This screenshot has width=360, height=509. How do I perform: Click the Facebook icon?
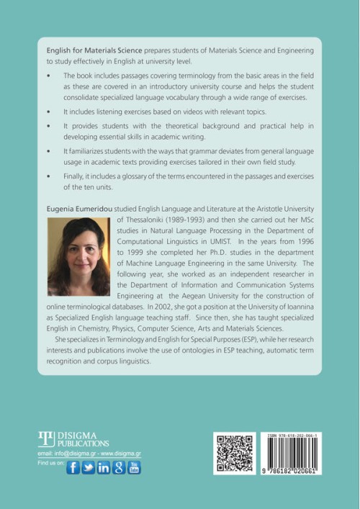pyautogui.click(x=73, y=467)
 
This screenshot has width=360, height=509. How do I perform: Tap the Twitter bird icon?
pyautogui.click(x=89, y=467)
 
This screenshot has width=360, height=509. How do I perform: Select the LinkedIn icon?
pyautogui.click(x=104, y=467)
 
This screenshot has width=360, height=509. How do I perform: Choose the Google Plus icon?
pyautogui.click(x=119, y=467)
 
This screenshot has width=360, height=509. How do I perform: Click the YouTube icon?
pyautogui.click(x=134, y=467)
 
